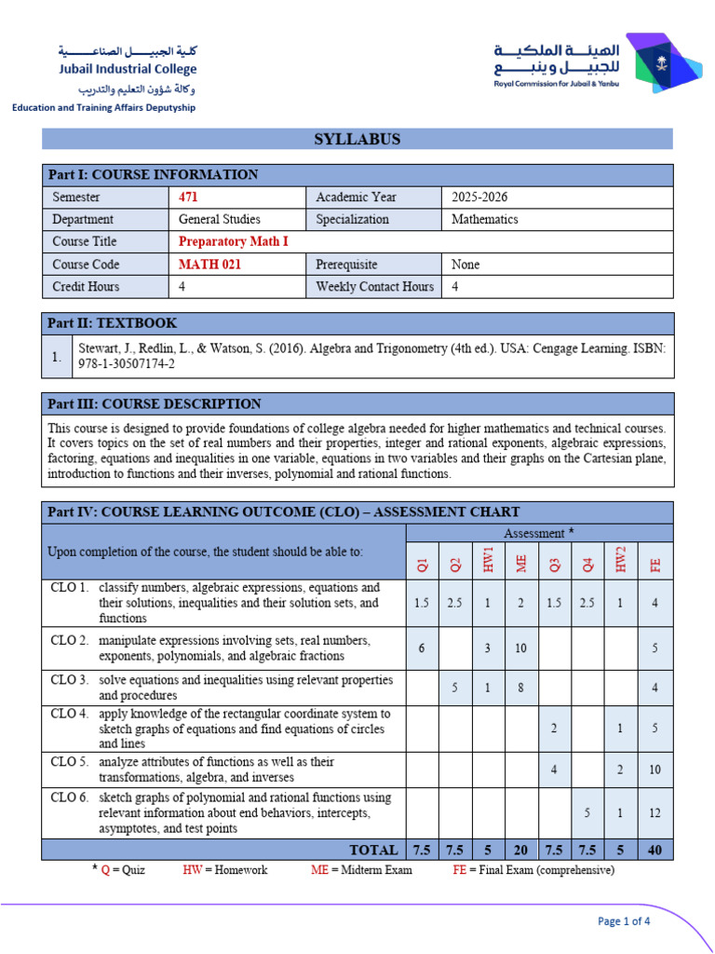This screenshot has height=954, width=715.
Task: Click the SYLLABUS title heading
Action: pyautogui.click(x=357, y=139)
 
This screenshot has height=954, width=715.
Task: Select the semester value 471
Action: pyautogui.click(x=188, y=197)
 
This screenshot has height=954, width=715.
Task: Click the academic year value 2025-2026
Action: pyautogui.click(x=479, y=197)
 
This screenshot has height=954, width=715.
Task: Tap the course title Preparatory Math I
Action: pyautogui.click(x=234, y=241)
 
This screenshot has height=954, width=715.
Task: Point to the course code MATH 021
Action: pyautogui.click(x=207, y=264)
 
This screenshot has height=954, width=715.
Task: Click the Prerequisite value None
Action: pyautogui.click(x=465, y=264)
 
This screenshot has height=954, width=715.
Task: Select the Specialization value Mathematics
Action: pyautogui.click(x=484, y=219)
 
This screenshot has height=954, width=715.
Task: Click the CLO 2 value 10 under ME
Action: pyautogui.click(x=520, y=648)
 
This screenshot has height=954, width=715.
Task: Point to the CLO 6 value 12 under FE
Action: pyautogui.click(x=655, y=812)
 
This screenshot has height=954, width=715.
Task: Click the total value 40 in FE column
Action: pyautogui.click(x=655, y=850)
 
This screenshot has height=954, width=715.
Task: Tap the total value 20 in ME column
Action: pyautogui.click(x=520, y=850)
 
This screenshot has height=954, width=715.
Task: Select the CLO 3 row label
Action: pyautogui.click(x=70, y=680)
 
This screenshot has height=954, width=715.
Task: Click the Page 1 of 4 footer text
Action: pyautogui.click(x=624, y=921)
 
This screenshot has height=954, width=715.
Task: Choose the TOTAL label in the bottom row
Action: pyautogui.click(x=373, y=850)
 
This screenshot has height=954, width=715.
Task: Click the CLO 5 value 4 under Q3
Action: pyautogui.click(x=554, y=770)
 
